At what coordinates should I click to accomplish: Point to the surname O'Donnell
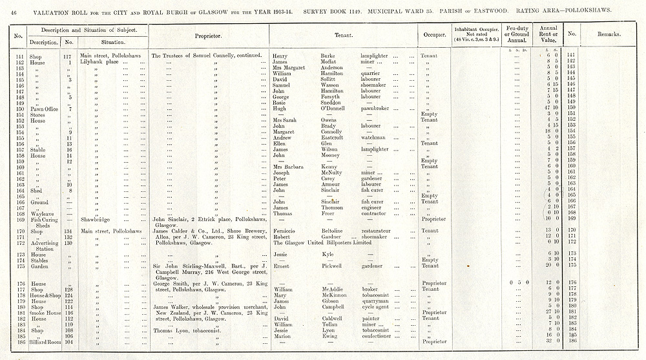point(335,108)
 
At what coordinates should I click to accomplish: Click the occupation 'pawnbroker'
point(375,108)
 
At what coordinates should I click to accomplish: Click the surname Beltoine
point(335,231)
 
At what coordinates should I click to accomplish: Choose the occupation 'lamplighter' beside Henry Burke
point(375,56)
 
